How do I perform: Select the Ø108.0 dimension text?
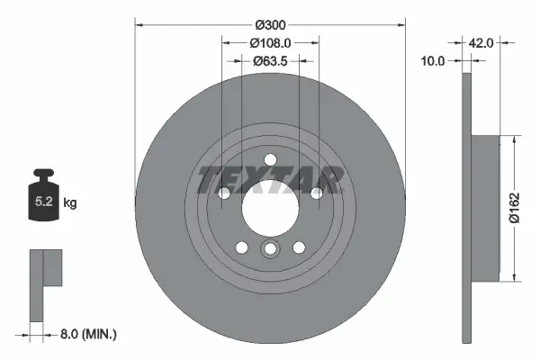270,41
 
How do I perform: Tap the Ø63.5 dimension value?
270,61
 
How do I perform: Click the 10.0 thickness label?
434,61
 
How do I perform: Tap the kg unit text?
70,203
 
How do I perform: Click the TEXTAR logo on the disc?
270,178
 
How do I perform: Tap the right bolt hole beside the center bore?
317,193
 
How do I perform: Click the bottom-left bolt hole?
240,247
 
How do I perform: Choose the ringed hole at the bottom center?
270,250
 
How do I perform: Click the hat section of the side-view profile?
486,207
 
